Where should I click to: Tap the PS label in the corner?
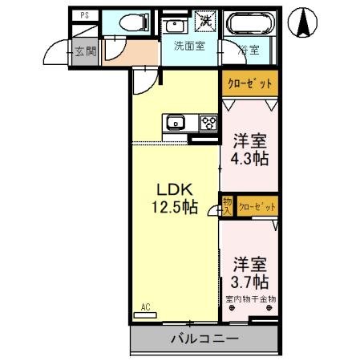(x=84, y=15)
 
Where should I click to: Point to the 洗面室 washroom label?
(x=189, y=46)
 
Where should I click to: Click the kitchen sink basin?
(x=176, y=123)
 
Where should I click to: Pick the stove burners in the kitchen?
(x=208, y=123)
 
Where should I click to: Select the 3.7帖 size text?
(x=250, y=282)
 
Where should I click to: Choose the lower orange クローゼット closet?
(x=257, y=207)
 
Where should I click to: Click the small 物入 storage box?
(x=227, y=206)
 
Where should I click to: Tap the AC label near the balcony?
(x=145, y=306)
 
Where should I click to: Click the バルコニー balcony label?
(x=204, y=340)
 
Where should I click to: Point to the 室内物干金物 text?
(x=250, y=299)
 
